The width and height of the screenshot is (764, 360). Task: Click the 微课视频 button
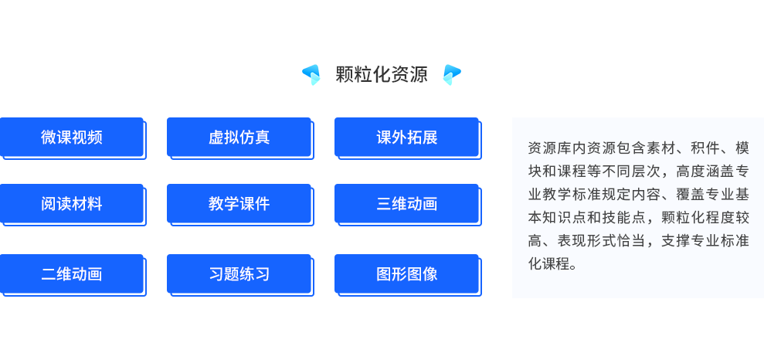[72, 138]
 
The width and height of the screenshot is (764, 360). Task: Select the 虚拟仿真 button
[239, 138]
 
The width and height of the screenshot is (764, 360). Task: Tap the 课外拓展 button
[407, 138]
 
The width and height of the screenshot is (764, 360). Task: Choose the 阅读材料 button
[72, 204]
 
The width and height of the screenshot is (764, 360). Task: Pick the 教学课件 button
[239, 204]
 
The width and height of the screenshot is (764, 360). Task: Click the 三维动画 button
[407, 204]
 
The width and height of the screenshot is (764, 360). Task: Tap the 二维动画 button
[72, 273]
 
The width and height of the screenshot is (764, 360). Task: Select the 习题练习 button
[239, 273]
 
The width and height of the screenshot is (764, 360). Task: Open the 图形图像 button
[407, 273]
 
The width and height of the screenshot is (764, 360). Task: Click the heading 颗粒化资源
[382, 74]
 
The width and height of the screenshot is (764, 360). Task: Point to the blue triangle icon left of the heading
[311, 74]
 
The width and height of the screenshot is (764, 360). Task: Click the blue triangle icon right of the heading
[452, 74]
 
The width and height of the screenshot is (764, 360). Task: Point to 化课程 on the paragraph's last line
[548, 264]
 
